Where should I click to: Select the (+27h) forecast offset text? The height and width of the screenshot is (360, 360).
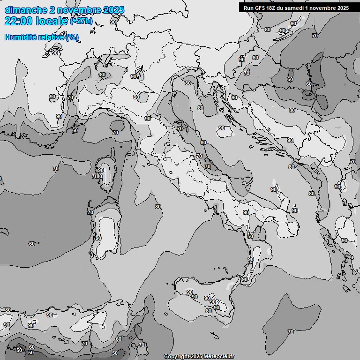[x=81, y=21]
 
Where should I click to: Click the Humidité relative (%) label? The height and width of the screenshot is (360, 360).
[x=42, y=37]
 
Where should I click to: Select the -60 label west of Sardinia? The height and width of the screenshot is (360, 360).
[x=31, y=244]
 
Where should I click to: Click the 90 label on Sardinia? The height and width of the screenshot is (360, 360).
[x=98, y=238]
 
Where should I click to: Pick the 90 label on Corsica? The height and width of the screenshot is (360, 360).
[x=101, y=170]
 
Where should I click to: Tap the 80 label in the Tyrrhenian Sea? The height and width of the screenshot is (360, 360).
[x=158, y=207]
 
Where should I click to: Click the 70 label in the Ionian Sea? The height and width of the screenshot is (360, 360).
[x=291, y=332]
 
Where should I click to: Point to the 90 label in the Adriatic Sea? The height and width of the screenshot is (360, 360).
[x=222, y=128]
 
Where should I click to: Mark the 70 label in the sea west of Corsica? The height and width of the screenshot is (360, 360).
[x=56, y=168]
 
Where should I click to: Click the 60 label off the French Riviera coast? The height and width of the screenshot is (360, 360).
[x=75, y=130]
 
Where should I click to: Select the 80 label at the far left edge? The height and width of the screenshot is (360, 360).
[x=7, y=310]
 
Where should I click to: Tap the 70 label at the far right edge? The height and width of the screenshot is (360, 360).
[x=352, y=162]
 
